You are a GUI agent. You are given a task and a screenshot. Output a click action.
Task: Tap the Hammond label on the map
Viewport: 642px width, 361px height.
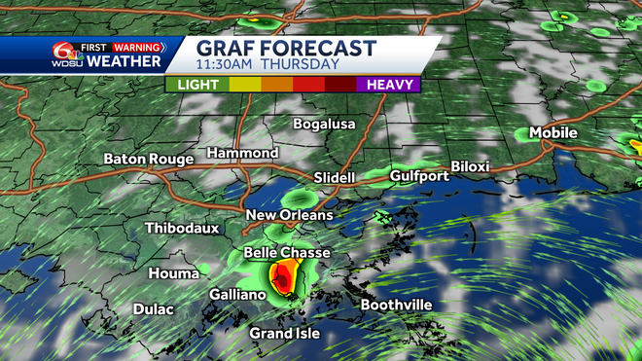tap(242, 154)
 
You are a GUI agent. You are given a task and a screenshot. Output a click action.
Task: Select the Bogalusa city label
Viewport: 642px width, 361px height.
tap(325, 124)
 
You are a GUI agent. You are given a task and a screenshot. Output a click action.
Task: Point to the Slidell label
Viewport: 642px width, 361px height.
tap(335, 178)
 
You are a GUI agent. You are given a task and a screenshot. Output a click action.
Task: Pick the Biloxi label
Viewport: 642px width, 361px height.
tap(470, 167)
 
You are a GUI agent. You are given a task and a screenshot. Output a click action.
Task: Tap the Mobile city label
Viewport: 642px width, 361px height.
tap(553, 133)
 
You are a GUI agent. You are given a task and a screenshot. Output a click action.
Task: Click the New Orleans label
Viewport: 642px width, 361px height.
tap(289, 215)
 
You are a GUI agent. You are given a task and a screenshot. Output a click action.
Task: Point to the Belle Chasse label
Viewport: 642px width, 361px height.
tap(286, 253)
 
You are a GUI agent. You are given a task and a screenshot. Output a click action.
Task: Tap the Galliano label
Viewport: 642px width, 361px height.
tap(238, 294)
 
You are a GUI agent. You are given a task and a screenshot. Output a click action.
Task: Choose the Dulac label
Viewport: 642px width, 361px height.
tap(153, 309)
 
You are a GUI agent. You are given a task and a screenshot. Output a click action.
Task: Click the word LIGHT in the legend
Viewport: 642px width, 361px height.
tap(196, 85)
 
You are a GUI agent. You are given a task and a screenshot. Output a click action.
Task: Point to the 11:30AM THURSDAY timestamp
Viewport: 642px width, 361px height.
tap(267, 65)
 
